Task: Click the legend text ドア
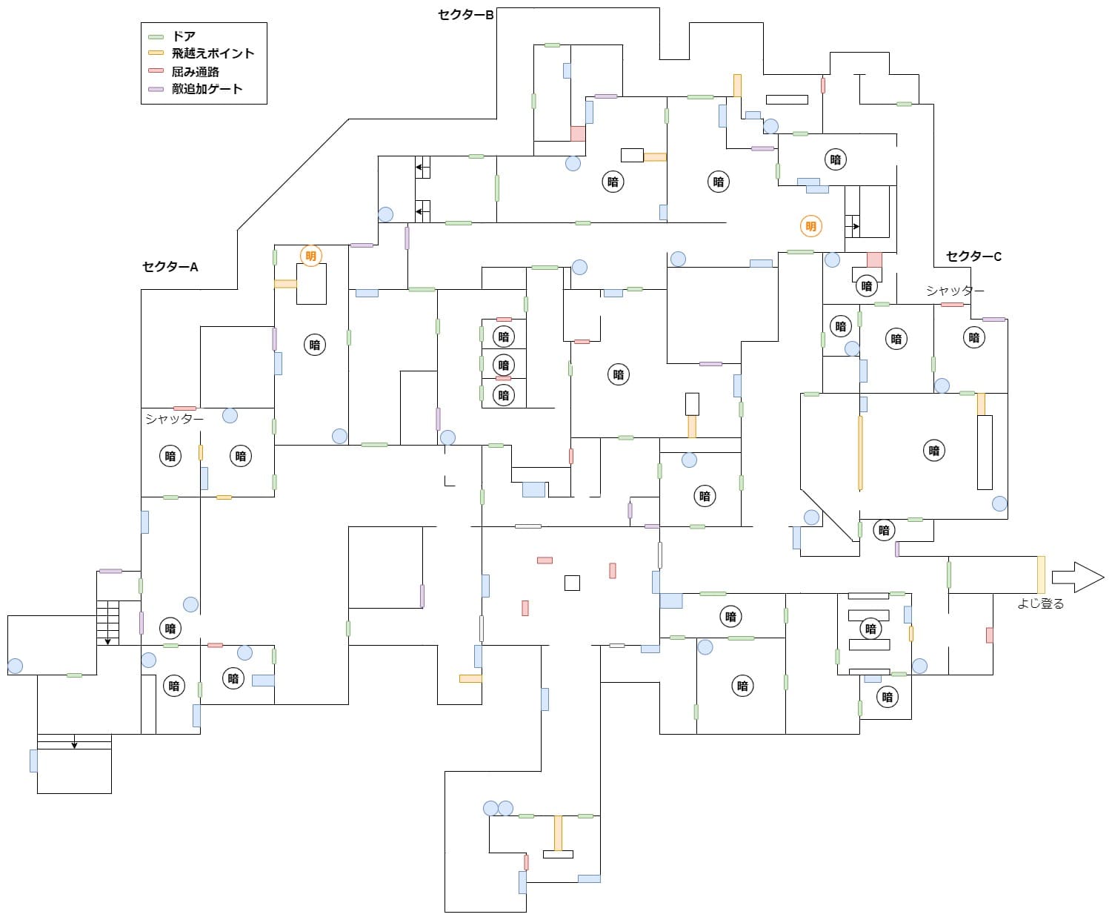tap(183, 36)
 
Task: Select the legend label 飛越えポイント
tap(213, 53)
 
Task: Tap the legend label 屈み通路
tap(195, 71)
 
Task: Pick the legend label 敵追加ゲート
tap(207, 88)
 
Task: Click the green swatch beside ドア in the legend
tap(156, 37)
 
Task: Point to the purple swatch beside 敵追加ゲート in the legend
tap(156, 89)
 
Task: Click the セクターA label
tap(170, 267)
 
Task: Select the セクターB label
tap(465, 15)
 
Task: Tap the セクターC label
tap(973, 257)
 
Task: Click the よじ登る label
tap(1040, 603)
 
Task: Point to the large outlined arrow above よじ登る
tap(1077, 577)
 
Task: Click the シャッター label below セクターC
tap(955, 291)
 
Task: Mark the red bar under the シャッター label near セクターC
tap(952, 305)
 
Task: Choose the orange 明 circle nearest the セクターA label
tap(310, 256)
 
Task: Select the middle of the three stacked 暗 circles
tap(503, 365)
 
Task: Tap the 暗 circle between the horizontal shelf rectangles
tap(870, 629)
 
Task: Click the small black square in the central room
tap(572, 583)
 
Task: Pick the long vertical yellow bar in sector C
tap(860, 453)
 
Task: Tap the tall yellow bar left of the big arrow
tap(1041, 575)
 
